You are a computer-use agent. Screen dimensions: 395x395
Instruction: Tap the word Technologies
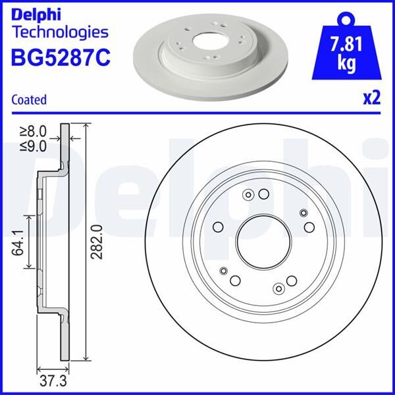59,31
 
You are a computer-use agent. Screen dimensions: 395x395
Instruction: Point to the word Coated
29,100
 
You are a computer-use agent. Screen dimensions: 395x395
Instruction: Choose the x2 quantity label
372,99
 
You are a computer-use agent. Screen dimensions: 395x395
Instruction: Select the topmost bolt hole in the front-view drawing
263,194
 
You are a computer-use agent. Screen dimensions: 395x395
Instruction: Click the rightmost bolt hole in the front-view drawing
309,228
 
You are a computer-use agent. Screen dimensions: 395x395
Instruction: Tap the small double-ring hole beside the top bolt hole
248,194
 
